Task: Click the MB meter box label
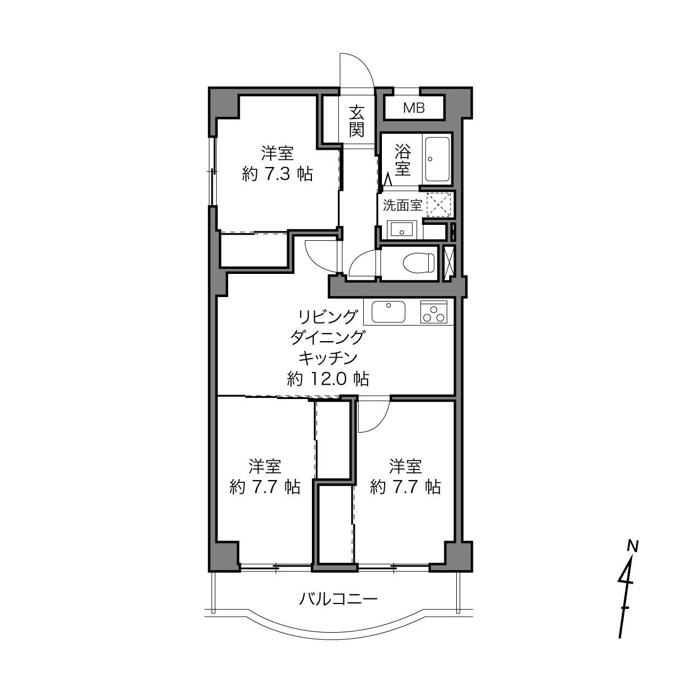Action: click(x=414, y=107)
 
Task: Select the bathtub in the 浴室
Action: click(x=437, y=159)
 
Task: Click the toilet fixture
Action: click(x=419, y=263)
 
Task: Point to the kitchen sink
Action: click(x=388, y=311)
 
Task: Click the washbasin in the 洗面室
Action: click(x=402, y=229)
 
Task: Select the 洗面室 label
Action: click(x=402, y=205)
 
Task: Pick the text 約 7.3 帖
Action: click(x=277, y=174)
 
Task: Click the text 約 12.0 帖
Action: click(x=327, y=379)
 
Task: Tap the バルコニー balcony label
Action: click(x=338, y=599)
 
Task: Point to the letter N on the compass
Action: click(x=633, y=546)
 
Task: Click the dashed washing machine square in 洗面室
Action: click(x=439, y=204)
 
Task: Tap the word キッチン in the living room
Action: click(x=328, y=358)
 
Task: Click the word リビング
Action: click(x=328, y=316)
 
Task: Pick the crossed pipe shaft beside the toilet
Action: click(x=449, y=264)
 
